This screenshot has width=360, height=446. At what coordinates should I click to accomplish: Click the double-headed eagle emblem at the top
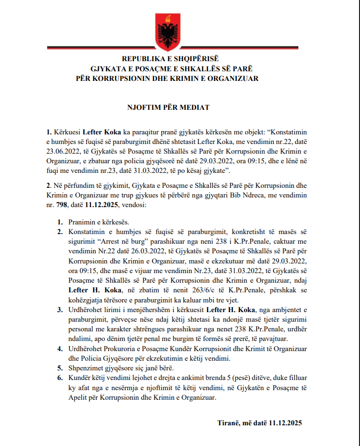pos(167,29)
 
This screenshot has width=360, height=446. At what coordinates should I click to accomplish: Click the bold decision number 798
pos(62,204)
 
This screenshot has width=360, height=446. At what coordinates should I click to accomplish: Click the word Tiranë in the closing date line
pos(228,423)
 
